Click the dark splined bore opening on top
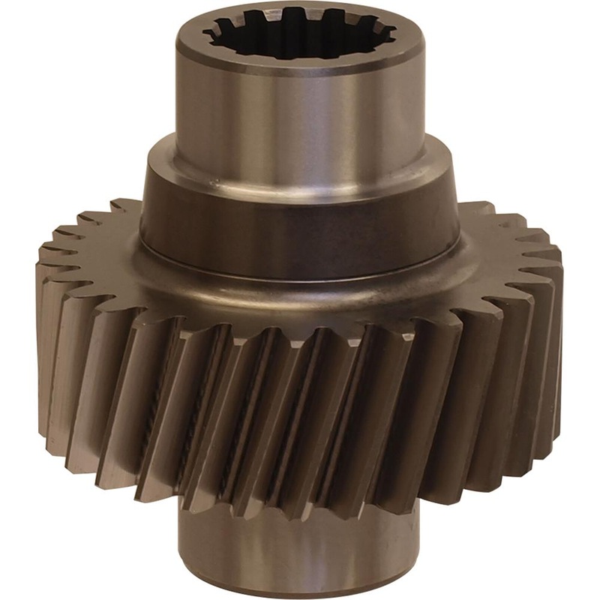point(300,34)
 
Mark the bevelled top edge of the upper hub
point(300,70)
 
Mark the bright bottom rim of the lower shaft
point(300,592)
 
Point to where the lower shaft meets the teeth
point(300,517)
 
